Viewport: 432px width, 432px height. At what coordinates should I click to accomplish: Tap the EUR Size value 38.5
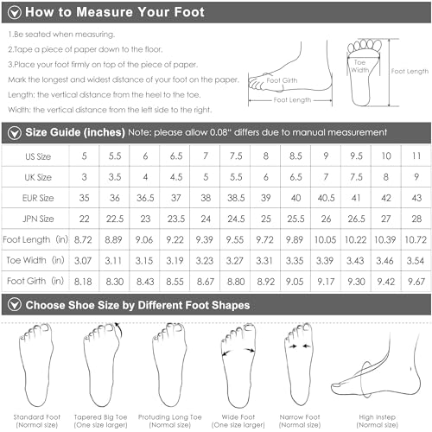coord(236,197)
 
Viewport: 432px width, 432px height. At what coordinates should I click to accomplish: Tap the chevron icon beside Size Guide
coord(14,132)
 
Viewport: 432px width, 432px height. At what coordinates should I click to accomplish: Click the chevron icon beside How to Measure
coord(14,13)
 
